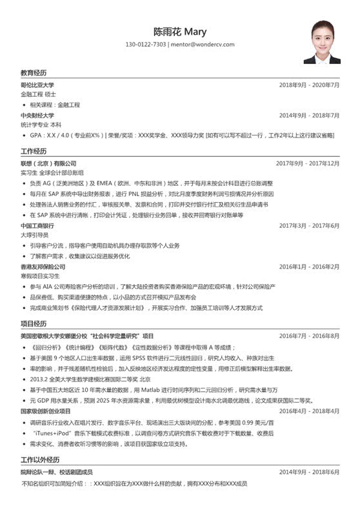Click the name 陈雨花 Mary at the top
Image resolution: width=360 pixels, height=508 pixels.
pos(179,31)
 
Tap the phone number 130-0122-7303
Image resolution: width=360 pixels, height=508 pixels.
pos(146,45)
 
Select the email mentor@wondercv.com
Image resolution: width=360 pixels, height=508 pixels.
pos(202,45)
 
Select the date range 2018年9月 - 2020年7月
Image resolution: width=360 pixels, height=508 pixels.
pos(309,85)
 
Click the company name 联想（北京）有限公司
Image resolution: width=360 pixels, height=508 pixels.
pos(48,164)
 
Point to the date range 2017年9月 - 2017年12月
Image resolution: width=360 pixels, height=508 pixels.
pos(307,164)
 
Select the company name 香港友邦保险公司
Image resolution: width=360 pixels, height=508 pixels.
pos(43,267)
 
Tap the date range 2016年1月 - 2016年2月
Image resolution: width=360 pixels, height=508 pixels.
pos(309,267)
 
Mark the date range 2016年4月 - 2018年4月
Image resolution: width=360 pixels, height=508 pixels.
pos(309,411)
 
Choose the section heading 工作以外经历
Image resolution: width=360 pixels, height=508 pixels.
pos(40,460)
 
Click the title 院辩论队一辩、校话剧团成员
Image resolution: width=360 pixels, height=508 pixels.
pos(56,472)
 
